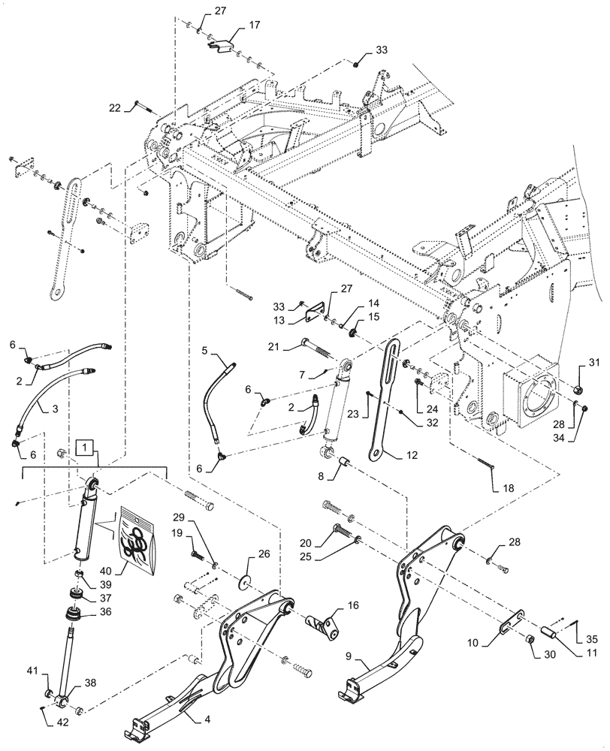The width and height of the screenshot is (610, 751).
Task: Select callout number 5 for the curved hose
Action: coord(204,350)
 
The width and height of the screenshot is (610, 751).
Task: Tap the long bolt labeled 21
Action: coord(316,345)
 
